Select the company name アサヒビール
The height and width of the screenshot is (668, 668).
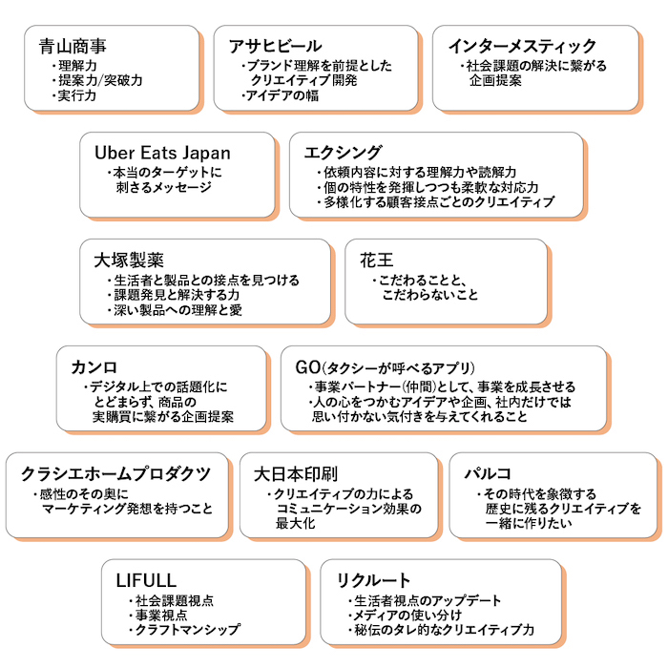tap(275, 46)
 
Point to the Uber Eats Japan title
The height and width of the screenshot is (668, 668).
tap(161, 153)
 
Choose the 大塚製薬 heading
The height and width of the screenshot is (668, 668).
tap(129, 260)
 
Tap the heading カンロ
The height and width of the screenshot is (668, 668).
tap(94, 366)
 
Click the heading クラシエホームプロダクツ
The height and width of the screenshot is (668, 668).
tap(115, 473)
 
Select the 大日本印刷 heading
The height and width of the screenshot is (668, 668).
tap(295, 473)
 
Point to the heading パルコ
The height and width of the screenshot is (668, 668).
tap(487, 473)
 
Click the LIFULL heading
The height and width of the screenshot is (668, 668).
tap(146, 580)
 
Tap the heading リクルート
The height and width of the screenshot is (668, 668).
tap(373, 580)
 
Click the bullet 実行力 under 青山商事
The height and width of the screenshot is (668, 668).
tap(77, 96)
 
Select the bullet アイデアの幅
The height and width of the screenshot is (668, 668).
tap(282, 96)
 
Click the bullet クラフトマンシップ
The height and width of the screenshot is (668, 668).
tap(186, 631)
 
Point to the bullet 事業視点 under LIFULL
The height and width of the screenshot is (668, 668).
tap(159, 616)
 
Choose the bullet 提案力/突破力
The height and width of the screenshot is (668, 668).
tap(100, 81)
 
